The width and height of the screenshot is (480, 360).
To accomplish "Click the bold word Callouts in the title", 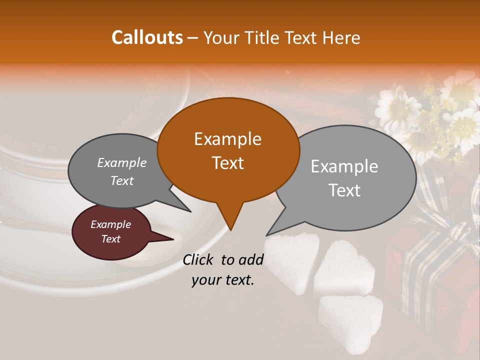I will point(147,37).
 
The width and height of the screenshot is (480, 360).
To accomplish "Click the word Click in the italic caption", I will point(198,259).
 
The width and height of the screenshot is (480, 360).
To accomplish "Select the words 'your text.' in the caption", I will point(223,280).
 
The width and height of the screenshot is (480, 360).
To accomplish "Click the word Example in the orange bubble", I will point(228,139).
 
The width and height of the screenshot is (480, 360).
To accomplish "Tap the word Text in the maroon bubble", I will point(111,239).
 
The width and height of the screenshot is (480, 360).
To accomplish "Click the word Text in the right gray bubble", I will point(345,190).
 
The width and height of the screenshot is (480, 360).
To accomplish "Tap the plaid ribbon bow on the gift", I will point(440,220).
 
